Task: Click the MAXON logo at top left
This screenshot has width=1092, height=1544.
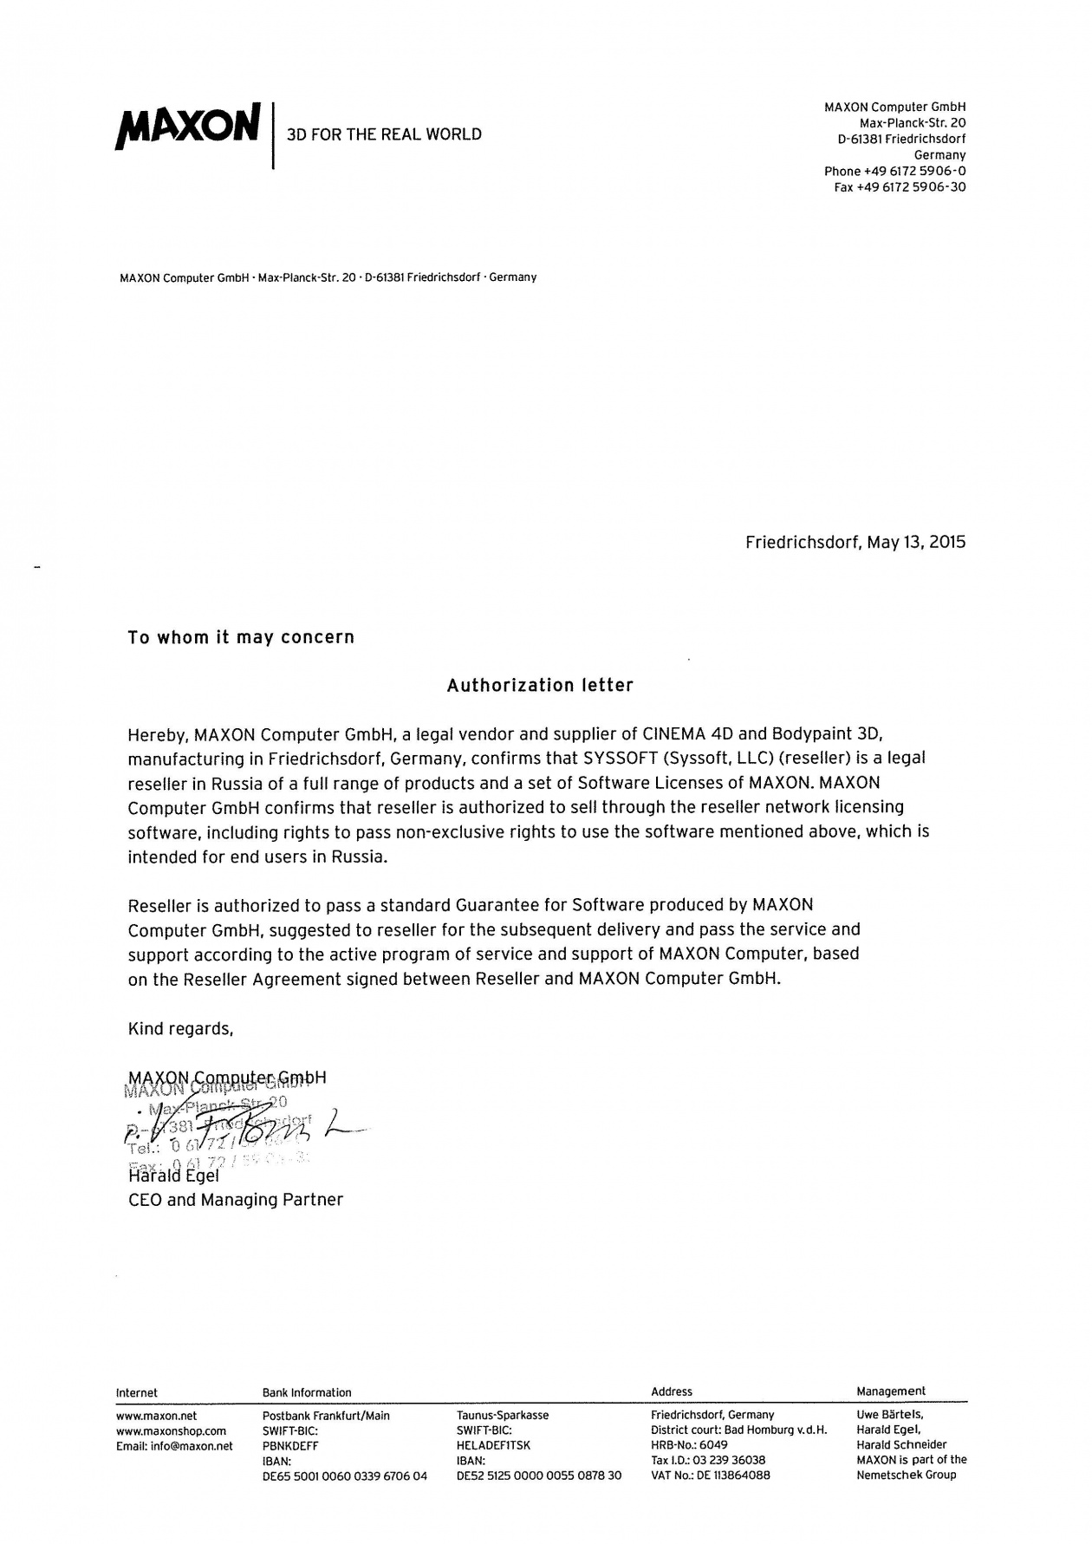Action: click(187, 127)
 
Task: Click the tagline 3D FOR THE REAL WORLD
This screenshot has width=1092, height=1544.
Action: click(384, 134)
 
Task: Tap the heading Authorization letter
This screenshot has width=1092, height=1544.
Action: click(540, 686)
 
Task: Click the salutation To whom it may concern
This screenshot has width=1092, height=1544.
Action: click(241, 638)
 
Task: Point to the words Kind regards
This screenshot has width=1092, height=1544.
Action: click(180, 1029)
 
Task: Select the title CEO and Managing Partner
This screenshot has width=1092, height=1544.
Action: click(235, 1200)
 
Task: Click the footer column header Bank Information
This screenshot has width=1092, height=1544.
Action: click(307, 1392)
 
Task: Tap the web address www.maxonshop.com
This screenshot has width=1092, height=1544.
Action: click(171, 1430)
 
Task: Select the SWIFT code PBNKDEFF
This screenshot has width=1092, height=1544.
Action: click(290, 1446)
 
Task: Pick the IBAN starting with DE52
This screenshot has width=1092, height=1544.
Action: click(539, 1476)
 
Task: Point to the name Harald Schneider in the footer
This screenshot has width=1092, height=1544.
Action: click(901, 1445)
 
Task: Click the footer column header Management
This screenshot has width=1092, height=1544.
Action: click(891, 1391)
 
